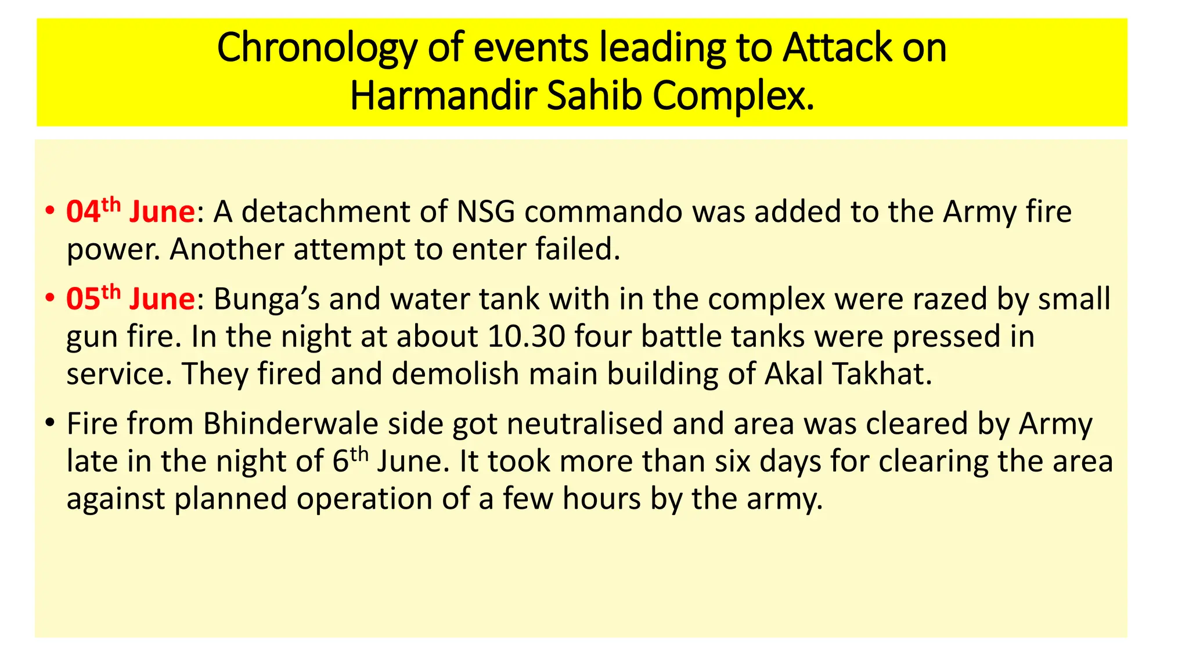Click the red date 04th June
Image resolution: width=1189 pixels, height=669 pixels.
(x=130, y=211)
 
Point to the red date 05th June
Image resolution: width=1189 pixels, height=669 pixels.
(x=130, y=298)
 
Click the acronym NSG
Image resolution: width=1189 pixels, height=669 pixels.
(x=485, y=212)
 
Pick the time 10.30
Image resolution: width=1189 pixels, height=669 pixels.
(x=527, y=337)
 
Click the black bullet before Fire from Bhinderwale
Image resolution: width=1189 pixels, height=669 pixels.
(x=51, y=422)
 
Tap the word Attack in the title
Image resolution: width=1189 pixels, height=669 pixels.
(x=837, y=49)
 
